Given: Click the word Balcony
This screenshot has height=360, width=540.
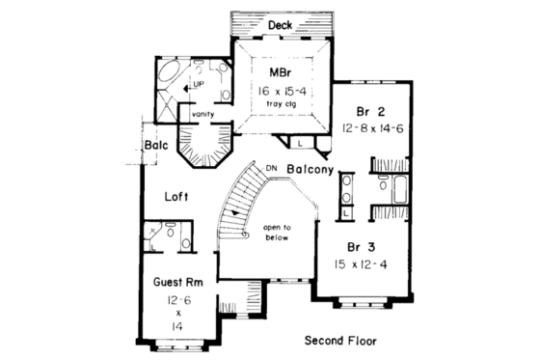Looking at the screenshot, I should (310, 170).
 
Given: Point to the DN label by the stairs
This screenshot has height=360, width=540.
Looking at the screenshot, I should (271, 166).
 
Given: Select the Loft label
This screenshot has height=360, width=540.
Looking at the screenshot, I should (175, 196).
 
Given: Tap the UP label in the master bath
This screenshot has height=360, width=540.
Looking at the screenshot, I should (199, 86).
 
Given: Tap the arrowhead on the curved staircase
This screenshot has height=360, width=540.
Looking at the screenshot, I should (234, 214).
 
